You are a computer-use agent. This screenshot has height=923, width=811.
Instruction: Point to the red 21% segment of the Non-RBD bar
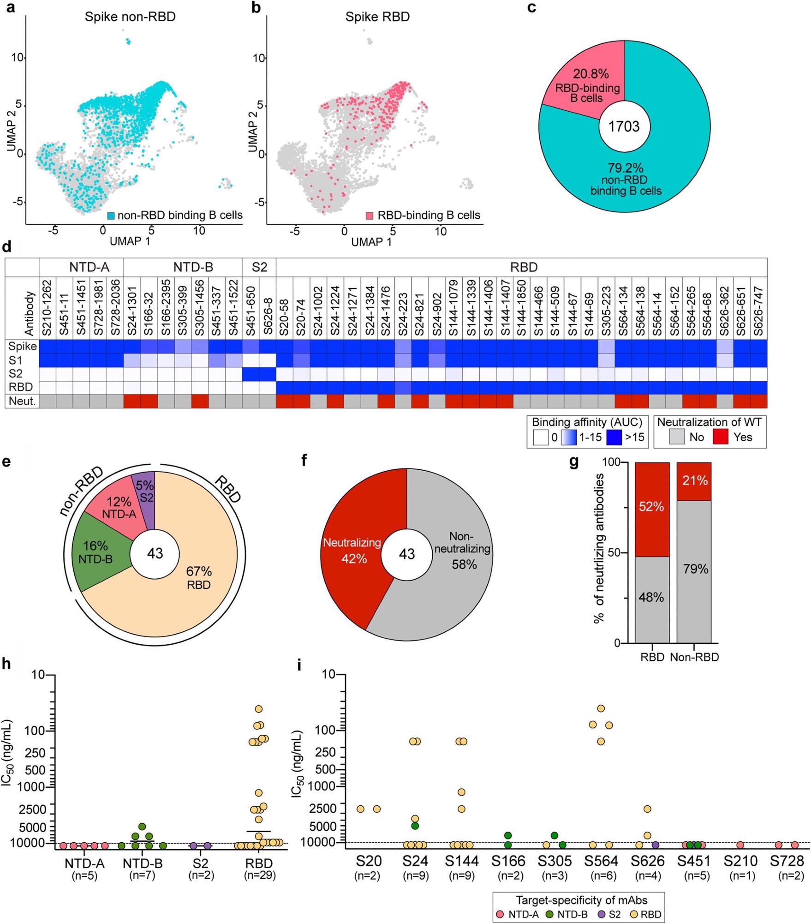coord(694,481)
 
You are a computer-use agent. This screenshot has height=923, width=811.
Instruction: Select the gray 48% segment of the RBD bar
coord(652,598)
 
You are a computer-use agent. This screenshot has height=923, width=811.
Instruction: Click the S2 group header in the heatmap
coord(259,267)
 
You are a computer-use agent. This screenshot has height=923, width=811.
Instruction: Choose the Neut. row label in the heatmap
coord(22,401)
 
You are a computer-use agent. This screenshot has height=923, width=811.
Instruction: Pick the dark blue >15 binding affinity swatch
coord(614,437)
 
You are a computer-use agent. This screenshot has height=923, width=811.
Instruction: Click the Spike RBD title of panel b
coord(377,17)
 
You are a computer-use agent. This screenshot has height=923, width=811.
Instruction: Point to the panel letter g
coord(574,461)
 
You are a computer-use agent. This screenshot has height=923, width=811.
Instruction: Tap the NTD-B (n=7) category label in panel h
coord(143,868)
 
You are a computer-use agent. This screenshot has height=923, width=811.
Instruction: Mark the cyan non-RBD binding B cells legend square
coord(111,216)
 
